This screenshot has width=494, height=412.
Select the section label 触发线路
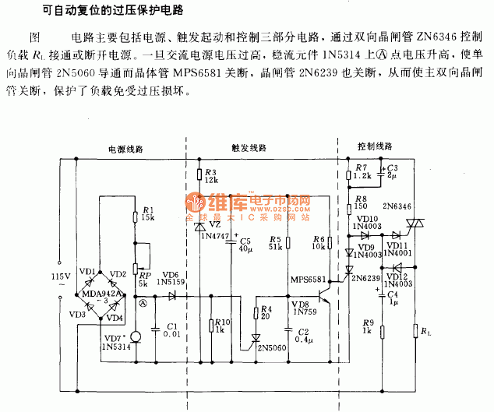click(249, 147)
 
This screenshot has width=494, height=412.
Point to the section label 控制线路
click(375, 147)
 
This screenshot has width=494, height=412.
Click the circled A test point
click(142, 305)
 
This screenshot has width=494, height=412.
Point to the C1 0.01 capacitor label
click(171, 329)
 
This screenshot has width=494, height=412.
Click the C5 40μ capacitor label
click(246, 245)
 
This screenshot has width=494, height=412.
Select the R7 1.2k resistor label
click(360, 172)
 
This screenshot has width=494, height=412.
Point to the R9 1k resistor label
click(368, 327)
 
